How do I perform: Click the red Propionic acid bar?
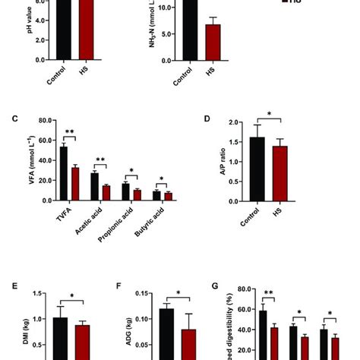click(x=137, y=194)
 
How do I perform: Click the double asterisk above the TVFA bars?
click(x=69, y=131)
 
